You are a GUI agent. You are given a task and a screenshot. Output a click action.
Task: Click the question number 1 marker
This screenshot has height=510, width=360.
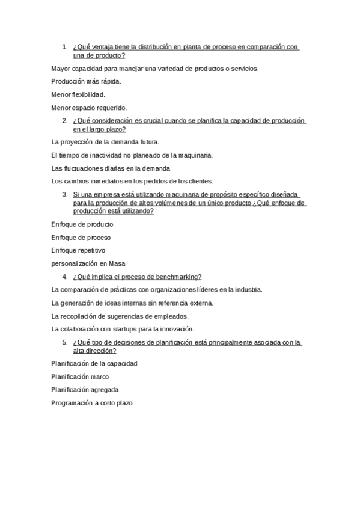(x=65, y=47)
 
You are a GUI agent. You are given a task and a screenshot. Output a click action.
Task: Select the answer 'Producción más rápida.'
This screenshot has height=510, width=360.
(x=87, y=81)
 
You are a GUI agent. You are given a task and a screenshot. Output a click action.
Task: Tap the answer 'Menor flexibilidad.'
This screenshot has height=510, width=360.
(x=79, y=94)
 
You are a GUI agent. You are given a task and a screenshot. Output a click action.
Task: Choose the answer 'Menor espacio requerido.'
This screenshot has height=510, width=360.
(x=89, y=108)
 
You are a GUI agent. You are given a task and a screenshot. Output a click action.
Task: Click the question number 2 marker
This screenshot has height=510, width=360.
(x=65, y=121)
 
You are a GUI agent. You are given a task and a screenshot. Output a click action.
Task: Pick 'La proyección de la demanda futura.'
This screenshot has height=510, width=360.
(x=105, y=142)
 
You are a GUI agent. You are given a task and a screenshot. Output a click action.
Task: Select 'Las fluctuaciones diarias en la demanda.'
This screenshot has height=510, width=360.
(x=112, y=168)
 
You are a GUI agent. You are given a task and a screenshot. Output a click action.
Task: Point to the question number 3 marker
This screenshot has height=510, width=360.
(x=65, y=195)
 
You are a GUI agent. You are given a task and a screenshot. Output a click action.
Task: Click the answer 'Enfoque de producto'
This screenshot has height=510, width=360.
(x=82, y=224)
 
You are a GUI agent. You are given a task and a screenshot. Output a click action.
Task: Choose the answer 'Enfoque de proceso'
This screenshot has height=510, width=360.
(x=81, y=238)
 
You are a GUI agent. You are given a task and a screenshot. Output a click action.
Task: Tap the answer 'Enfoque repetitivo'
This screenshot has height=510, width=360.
(x=79, y=250)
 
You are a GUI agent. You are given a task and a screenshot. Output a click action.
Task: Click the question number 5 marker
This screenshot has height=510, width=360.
(x=65, y=342)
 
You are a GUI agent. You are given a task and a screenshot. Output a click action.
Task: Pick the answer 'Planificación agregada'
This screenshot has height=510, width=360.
(x=85, y=389)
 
